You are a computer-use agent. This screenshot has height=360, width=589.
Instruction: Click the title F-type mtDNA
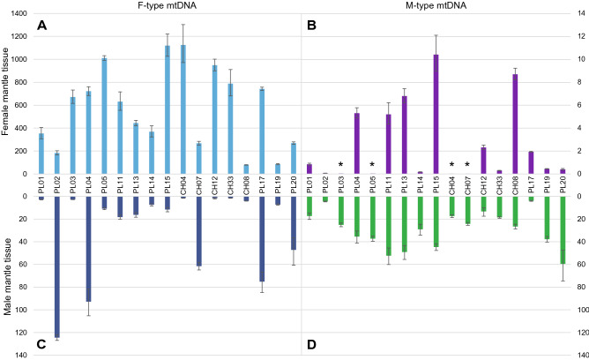pyautogui.click(x=166, y=7)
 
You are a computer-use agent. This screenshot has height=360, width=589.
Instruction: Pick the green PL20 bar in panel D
pyautogui.click(x=562, y=229)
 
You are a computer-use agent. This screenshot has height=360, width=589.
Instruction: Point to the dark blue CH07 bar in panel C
pyautogui.click(x=198, y=230)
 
